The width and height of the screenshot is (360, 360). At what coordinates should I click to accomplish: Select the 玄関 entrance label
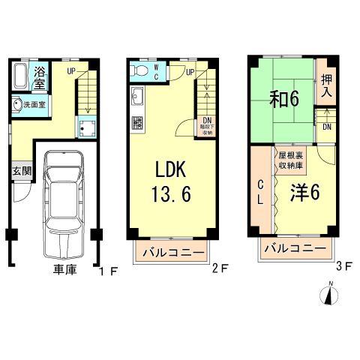(x=20, y=170)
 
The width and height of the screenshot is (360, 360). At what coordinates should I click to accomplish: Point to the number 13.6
(x=170, y=193)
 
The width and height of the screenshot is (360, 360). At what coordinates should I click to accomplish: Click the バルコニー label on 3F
(x=293, y=248)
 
